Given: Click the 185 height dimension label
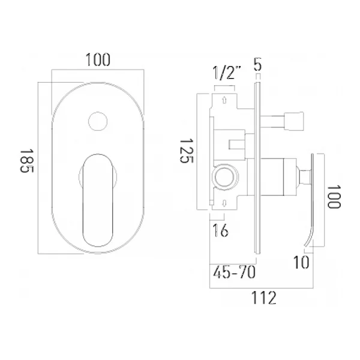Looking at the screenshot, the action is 27,161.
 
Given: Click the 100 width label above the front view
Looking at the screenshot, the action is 98,60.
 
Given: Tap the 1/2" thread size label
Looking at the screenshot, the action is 227,73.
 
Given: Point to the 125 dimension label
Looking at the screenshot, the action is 187,151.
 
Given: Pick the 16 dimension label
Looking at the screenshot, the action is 220,230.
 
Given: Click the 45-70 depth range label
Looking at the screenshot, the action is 234,272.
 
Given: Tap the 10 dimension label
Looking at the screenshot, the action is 301,262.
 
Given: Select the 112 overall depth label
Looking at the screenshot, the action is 264,298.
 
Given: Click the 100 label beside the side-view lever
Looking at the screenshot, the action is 334,197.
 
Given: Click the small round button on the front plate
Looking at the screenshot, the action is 98,121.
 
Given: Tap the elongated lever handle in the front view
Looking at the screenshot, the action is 98,200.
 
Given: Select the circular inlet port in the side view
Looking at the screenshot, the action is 225,176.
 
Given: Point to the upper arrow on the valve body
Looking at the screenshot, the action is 224,100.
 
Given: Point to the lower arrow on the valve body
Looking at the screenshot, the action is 224,203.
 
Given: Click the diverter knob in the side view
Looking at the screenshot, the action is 294,121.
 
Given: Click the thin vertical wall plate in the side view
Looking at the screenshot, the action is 257,168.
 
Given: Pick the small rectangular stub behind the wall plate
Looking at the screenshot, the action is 237,145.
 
